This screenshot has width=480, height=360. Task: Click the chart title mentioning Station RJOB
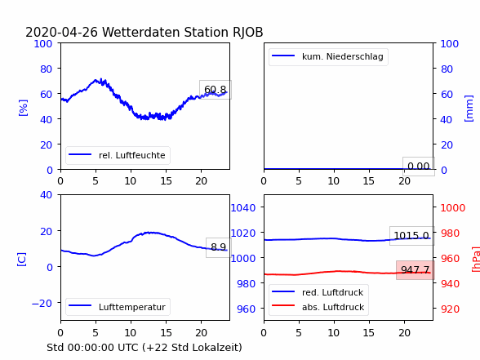point(144,32)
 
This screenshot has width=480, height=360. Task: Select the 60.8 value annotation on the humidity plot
point(216,90)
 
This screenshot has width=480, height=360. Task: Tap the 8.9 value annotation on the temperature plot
point(218,247)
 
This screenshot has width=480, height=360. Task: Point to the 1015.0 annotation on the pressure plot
point(411,236)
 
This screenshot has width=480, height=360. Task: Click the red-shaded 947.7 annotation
point(415,270)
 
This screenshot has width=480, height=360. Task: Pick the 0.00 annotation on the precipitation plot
point(419,167)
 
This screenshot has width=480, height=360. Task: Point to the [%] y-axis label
point(23,108)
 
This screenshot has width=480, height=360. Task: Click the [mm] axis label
point(469,109)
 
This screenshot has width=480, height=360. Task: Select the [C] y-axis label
point(22,260)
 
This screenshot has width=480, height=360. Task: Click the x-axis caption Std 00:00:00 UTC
point(144,348)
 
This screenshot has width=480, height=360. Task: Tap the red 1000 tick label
point(453,208)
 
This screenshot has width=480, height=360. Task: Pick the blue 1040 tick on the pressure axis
point(243,208)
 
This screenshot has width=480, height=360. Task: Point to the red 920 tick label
point(450,309)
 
